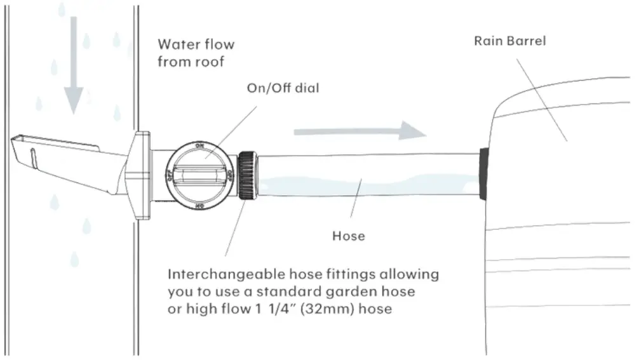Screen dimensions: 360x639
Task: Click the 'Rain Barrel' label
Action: tap(510, 41)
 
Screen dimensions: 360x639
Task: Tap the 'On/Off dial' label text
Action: tap(283, 88)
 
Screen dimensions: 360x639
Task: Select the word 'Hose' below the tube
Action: tap(349, 236)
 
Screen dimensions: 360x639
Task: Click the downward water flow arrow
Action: tap(74, 63)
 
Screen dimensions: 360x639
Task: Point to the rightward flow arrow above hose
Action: tap(359, 132)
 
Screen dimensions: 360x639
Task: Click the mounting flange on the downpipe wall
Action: tap(139, 175)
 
